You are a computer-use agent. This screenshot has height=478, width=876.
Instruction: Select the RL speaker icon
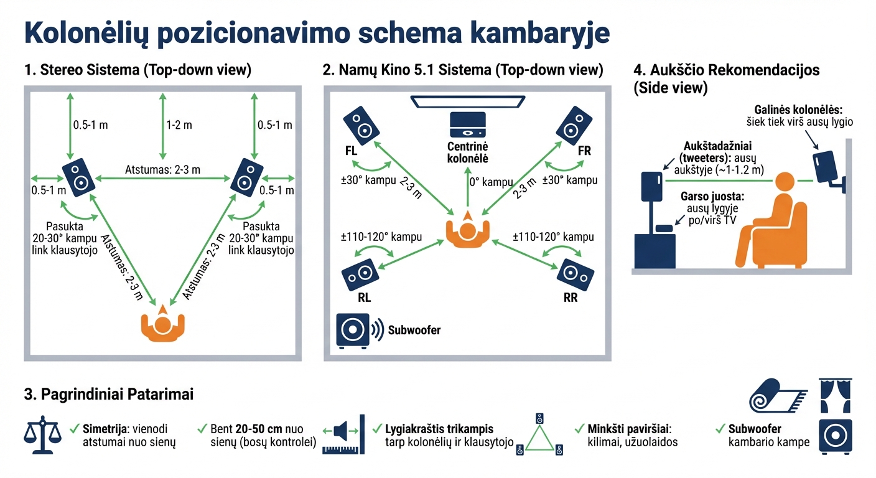click(x=360, y=273)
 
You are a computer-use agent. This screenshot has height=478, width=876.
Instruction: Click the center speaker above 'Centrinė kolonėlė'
click(x=467, y=124)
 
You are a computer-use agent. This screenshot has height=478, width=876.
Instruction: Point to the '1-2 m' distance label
click(x=179, y=125)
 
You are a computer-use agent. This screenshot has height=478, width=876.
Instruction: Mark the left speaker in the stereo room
click(x=78, y=176)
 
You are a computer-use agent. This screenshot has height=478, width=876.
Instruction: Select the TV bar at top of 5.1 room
click(x=467, y=100)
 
